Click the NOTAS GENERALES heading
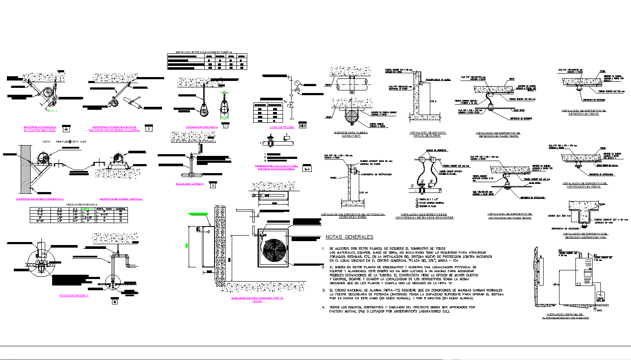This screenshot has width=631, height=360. pos(349,237)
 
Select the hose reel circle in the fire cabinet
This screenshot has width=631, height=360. pos(272,248)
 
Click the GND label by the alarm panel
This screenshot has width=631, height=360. pos(599,310)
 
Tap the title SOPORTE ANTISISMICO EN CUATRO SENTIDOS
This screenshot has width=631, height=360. pos(40,128)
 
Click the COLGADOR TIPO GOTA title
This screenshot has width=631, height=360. pos(202,127)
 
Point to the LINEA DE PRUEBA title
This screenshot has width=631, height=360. pos(282,127)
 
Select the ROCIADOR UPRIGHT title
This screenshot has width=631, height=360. pos(190,184)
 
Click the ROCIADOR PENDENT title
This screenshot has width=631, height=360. pos(74,295)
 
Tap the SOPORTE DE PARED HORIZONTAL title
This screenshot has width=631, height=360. pos(40,199)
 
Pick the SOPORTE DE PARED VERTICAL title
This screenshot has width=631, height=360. pos(121,199)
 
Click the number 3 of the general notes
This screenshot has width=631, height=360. pos(323,291)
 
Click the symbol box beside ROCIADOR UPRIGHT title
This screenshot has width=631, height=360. pos(213,185)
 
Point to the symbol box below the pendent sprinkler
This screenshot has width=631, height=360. pos(114,301)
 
